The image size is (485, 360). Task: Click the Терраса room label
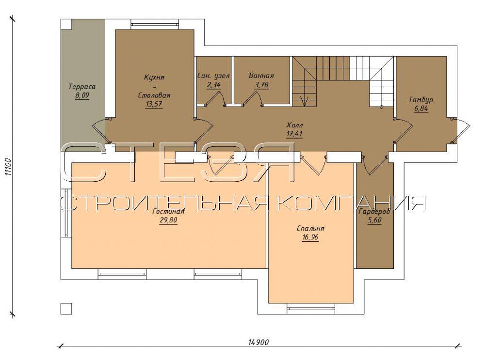pos(82,87)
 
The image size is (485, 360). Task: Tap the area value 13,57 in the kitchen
pos(154,104)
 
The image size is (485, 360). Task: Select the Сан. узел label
pos(213,76)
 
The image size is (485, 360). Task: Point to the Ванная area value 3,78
pos(261,85)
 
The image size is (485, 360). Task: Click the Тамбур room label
pos(420,100)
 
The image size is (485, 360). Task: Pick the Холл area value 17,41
pos(294,134)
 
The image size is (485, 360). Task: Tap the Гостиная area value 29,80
pos(168,220)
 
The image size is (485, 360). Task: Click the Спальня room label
pos(310,229)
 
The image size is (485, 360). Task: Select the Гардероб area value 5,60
pos(374,220)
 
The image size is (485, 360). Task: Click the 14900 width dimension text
pos(259,342)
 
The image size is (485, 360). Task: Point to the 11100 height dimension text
pos(8,167)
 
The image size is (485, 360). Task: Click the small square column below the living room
pos(66,308)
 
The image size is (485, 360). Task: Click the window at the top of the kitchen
pos(155,24)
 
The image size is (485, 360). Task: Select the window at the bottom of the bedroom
pos(311,308)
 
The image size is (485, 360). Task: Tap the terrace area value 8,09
pos(82,95)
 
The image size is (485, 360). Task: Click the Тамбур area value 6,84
pos(421,109)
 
